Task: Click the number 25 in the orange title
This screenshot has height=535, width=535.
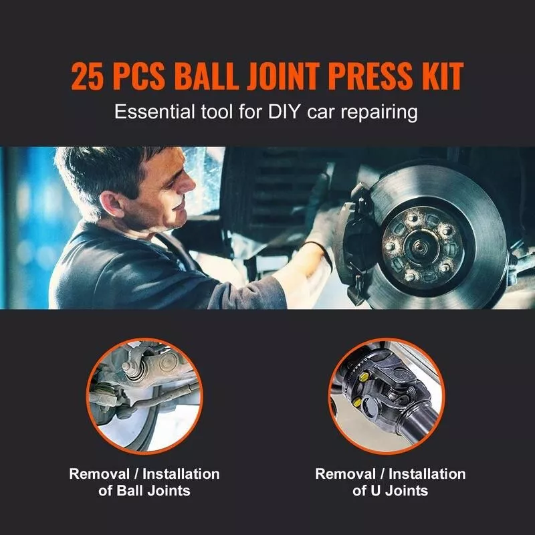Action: click(x=87, y=76)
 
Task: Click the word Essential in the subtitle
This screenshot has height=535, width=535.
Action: click(x=154, y=112)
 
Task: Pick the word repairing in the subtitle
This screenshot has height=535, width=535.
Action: click(x=379, y=113)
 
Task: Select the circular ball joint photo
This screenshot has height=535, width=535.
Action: click(x=144, y=396)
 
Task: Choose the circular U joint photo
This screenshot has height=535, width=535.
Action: click(x=387, y=396)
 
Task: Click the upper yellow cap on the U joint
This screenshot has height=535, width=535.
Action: click(x=364, y=377)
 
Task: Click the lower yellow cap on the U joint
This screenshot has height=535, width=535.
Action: click(x=356, y=403)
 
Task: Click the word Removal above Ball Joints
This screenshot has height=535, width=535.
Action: click(x=99, y=474)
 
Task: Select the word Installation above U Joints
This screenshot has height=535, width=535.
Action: click(x=427, y=474)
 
